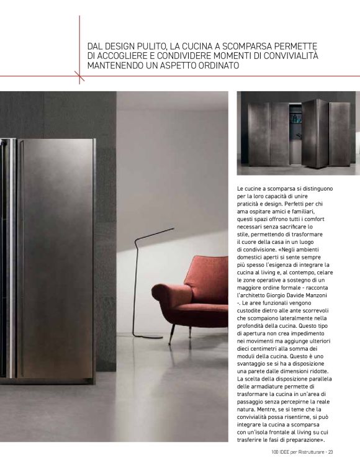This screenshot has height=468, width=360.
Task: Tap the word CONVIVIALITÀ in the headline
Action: (x=287, y=56)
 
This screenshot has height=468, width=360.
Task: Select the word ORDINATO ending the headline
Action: (x=214, y=65)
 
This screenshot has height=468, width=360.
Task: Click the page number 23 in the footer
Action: (x=331, y=451)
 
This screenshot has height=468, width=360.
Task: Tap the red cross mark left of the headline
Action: (x=79, y=76)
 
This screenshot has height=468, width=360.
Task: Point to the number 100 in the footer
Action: (x=275, y=451)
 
